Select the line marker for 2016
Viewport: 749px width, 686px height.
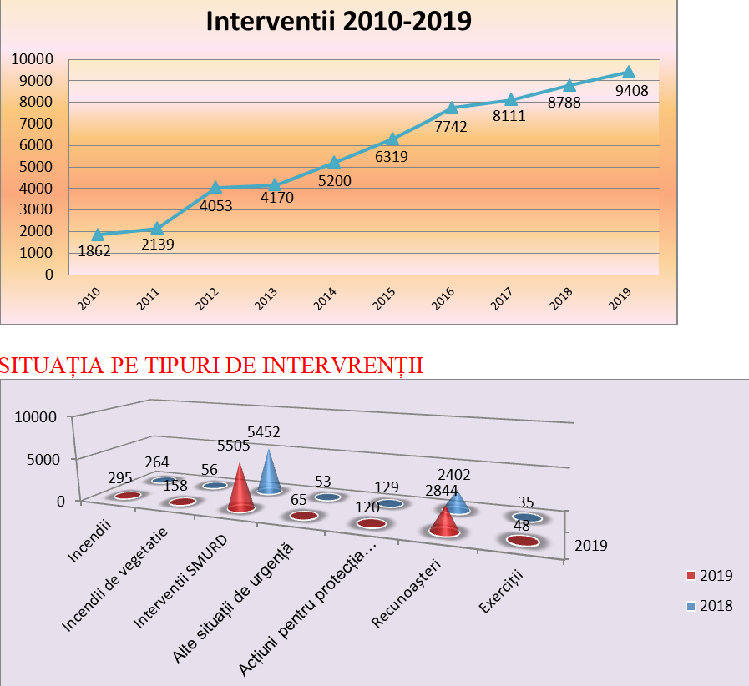tap(452, 108)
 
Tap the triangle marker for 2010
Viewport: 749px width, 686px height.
tap(98, 235)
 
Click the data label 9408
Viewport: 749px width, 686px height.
tap(632, 91)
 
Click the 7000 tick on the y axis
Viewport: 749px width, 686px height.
tap(33, 124)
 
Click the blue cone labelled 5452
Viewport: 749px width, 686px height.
tap(269, 473)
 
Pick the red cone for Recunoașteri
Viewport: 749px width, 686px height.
tap(444, 520)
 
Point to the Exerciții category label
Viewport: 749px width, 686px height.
tap(500, 592)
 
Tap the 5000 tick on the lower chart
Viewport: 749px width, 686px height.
tap(40, 459)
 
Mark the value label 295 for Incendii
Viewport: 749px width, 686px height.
tap(123, 477)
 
